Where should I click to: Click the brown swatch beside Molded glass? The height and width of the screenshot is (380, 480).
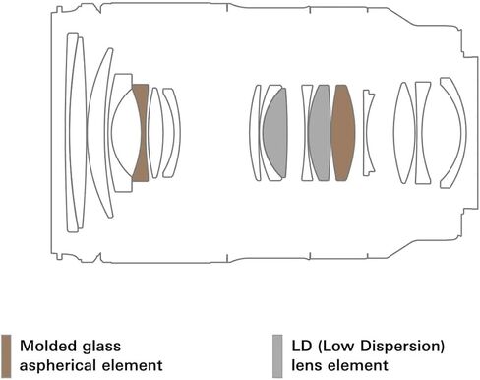pos(6,356)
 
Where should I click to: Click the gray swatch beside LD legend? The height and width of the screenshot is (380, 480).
pos(277,356)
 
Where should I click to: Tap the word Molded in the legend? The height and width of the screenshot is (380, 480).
pos(47,346)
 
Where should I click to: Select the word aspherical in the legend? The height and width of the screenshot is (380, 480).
pos(62,366)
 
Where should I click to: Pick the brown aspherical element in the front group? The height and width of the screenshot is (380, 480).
pos(141,133)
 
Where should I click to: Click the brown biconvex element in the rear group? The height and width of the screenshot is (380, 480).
pos(343,133)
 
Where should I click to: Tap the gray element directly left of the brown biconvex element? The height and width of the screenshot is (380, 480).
pos(320,133)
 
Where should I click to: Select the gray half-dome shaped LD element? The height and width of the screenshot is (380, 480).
pos(276,133)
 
